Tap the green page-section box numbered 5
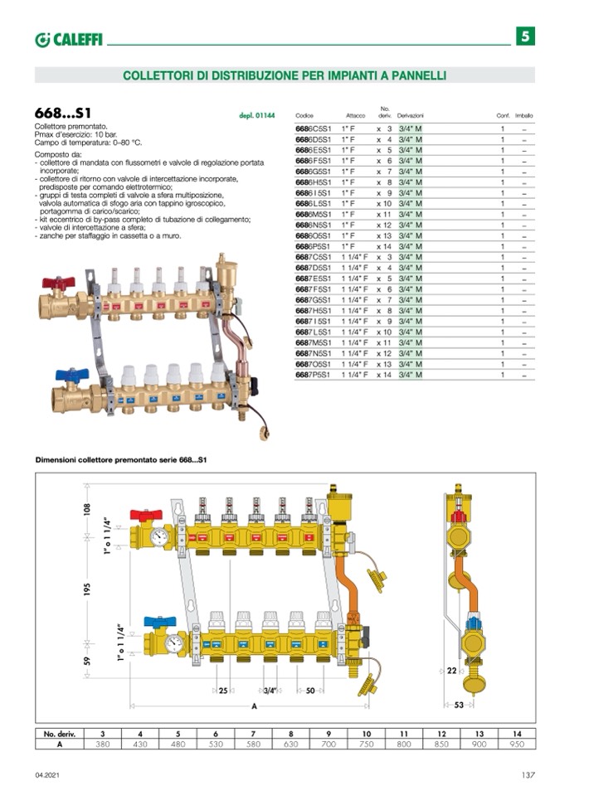pyautogui.click(x=525, y=36)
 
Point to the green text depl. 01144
pyautogui.click(x=256, y=116)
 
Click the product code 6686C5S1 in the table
pyautogui.click(x=313, y=129)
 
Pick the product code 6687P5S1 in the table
pyautogui.click(x=313, y=375)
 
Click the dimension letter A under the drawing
pyautogui.click(x=254, y=705)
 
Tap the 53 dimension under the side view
pyautogui.click(x=460, y=705)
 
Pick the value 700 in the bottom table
pyautogui.click(x=329, y=744)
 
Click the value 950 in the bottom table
pyautogui.click(x=516, y=744)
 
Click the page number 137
pyautogui.click(x=528, y=775)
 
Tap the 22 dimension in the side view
pyautogui.click(x=452, y=670)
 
